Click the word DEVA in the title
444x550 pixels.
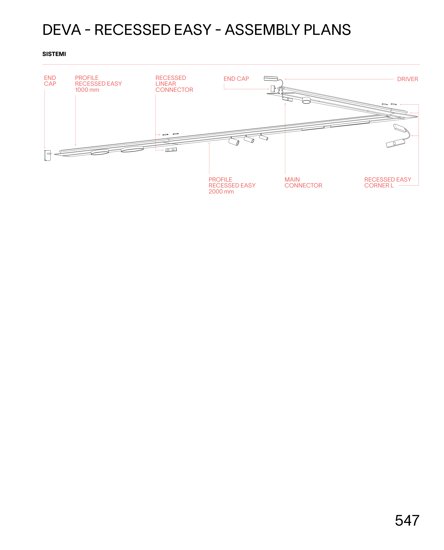pyautogui.click(x=62, y=30)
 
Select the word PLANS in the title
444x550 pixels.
pyautogui.click(x=327, y=30)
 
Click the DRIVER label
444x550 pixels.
pyautogui.click(x=407, y=79)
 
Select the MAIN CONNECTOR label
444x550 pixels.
pyautogui.click(x=303, y=182)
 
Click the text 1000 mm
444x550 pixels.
pyautogui.click(x=87, y=90)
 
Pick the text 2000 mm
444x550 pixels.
pyautogui.click(x=221, y=192)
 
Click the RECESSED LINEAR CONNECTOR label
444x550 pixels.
pyautogui.click(x=174, y=84)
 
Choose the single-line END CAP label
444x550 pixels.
pyautogui.click(x=236, y=79)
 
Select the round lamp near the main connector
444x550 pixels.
pyautogui.click(x=306, y=100)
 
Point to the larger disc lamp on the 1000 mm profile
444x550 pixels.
pyautogui.click(x=132, y=149)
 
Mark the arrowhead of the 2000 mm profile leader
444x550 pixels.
pyautogui.click(x=209, y=143)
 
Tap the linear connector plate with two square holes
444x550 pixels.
pyautogui.click(x=171, y=150)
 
